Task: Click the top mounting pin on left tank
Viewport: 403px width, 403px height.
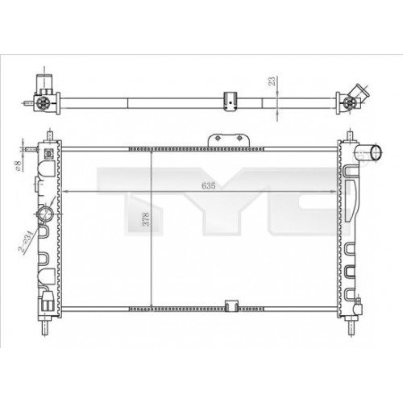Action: coord(48,135)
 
